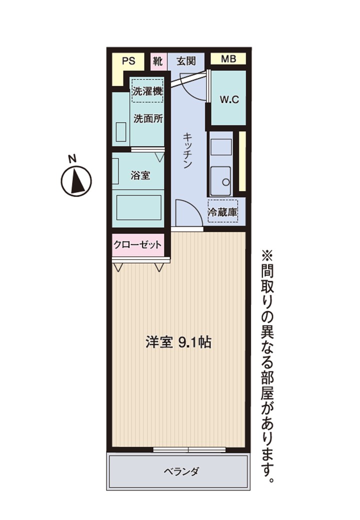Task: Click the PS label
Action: click(x=128, y=61)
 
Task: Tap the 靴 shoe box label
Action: click(x=157, y=61)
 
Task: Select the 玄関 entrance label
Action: click(x=186, y=61)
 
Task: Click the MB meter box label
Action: click(x=228, y=58)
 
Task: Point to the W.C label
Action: click(x=229, y=99)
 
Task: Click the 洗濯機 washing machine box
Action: click(x=148, y=91)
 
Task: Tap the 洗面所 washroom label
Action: click(x=148, y=118)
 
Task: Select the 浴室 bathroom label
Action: click(x=140, y=175)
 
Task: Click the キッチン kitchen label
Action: click(x=187, y=150)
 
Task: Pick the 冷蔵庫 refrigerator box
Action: click(x=223, y=211)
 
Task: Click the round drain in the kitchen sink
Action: click(x=226, y=182)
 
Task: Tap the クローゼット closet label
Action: click(x=137, y=244)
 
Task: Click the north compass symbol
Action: click(x=76, y=181)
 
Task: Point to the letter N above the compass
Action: click(x=72, y=158)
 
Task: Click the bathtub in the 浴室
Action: click(x=139, y=207)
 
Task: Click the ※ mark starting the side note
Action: click(x=267, y=255)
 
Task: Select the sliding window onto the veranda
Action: click(x=189, y=449)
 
